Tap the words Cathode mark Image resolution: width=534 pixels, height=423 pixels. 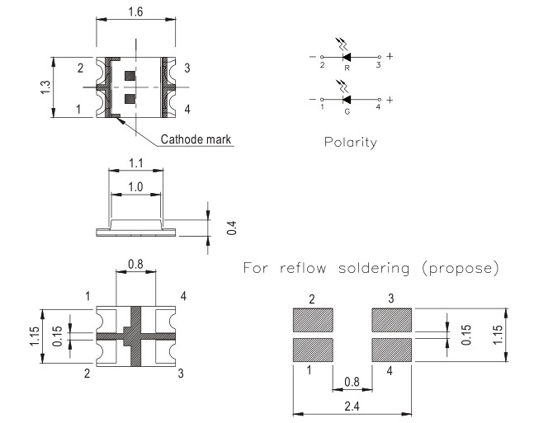pyautogui.click(x=196, y=139)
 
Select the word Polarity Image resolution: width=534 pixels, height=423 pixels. pyautogui.click(x=351, y=142)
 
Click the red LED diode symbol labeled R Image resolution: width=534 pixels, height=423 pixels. pyautogui.click(x=347, y=57)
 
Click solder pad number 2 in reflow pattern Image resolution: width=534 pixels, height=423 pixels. pyautogui.click(x=312, y=318)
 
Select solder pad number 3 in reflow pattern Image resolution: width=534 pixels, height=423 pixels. pyautogui.click(x=392, y=318)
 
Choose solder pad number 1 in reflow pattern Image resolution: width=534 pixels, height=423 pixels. pyautogui.click(x=312, y=349)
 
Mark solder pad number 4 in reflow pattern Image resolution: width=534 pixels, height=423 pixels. pyautogui.click(x=392, y=349)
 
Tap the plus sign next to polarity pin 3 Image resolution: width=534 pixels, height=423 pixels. pyautogui.click(x=389, y=57)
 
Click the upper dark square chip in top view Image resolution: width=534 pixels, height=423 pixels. pyautogui.click(x=129, y=77)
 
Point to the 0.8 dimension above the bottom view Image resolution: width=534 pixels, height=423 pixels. pyautogui.click(x=135, y=265)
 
